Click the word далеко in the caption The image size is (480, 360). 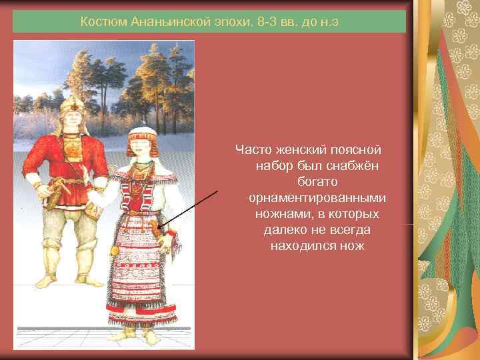coord(285,230)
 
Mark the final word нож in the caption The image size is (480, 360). coord(353,246)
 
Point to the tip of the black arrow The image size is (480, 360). coord(161,227)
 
